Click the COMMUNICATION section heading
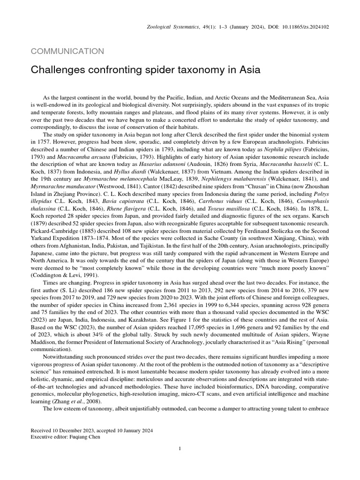coord(67,52)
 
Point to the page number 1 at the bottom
coord(180,449)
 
